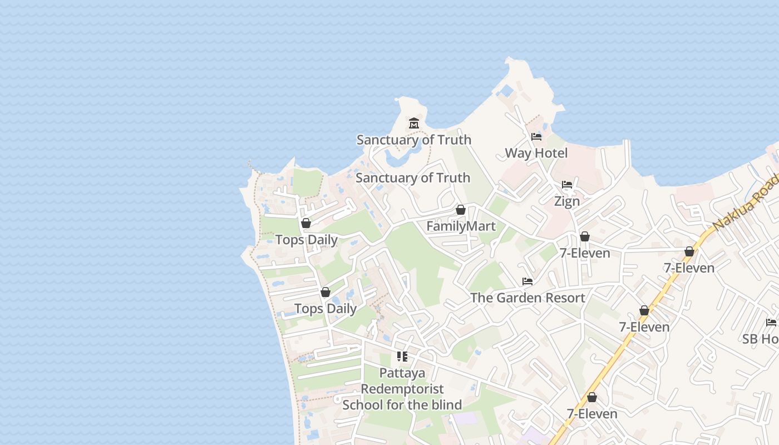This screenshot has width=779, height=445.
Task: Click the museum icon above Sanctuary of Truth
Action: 413,123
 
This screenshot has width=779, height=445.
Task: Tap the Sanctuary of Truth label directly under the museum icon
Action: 413,140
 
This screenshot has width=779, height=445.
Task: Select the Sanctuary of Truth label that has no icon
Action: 412,178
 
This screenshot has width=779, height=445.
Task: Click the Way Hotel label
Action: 536,153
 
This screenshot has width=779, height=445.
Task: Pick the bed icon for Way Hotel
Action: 536,137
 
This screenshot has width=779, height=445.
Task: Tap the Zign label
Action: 567,201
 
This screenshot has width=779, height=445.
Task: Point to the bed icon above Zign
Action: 567,185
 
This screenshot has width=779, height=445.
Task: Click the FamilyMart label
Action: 461,226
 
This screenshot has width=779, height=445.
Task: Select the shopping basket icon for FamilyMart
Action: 461,210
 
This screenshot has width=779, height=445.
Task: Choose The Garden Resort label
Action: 527,298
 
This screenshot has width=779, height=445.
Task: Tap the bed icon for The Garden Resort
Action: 527,281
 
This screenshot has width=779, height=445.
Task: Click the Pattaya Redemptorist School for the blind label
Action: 402,389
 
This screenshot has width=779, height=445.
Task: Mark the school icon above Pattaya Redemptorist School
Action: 402,357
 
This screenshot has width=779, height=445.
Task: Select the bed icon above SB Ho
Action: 771,322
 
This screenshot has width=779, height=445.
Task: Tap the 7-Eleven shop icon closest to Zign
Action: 585,236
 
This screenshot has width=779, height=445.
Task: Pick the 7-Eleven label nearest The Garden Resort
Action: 585,253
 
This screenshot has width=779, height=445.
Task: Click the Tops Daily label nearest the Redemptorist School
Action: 326,308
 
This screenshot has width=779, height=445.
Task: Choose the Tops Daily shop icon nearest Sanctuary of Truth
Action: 306,224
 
